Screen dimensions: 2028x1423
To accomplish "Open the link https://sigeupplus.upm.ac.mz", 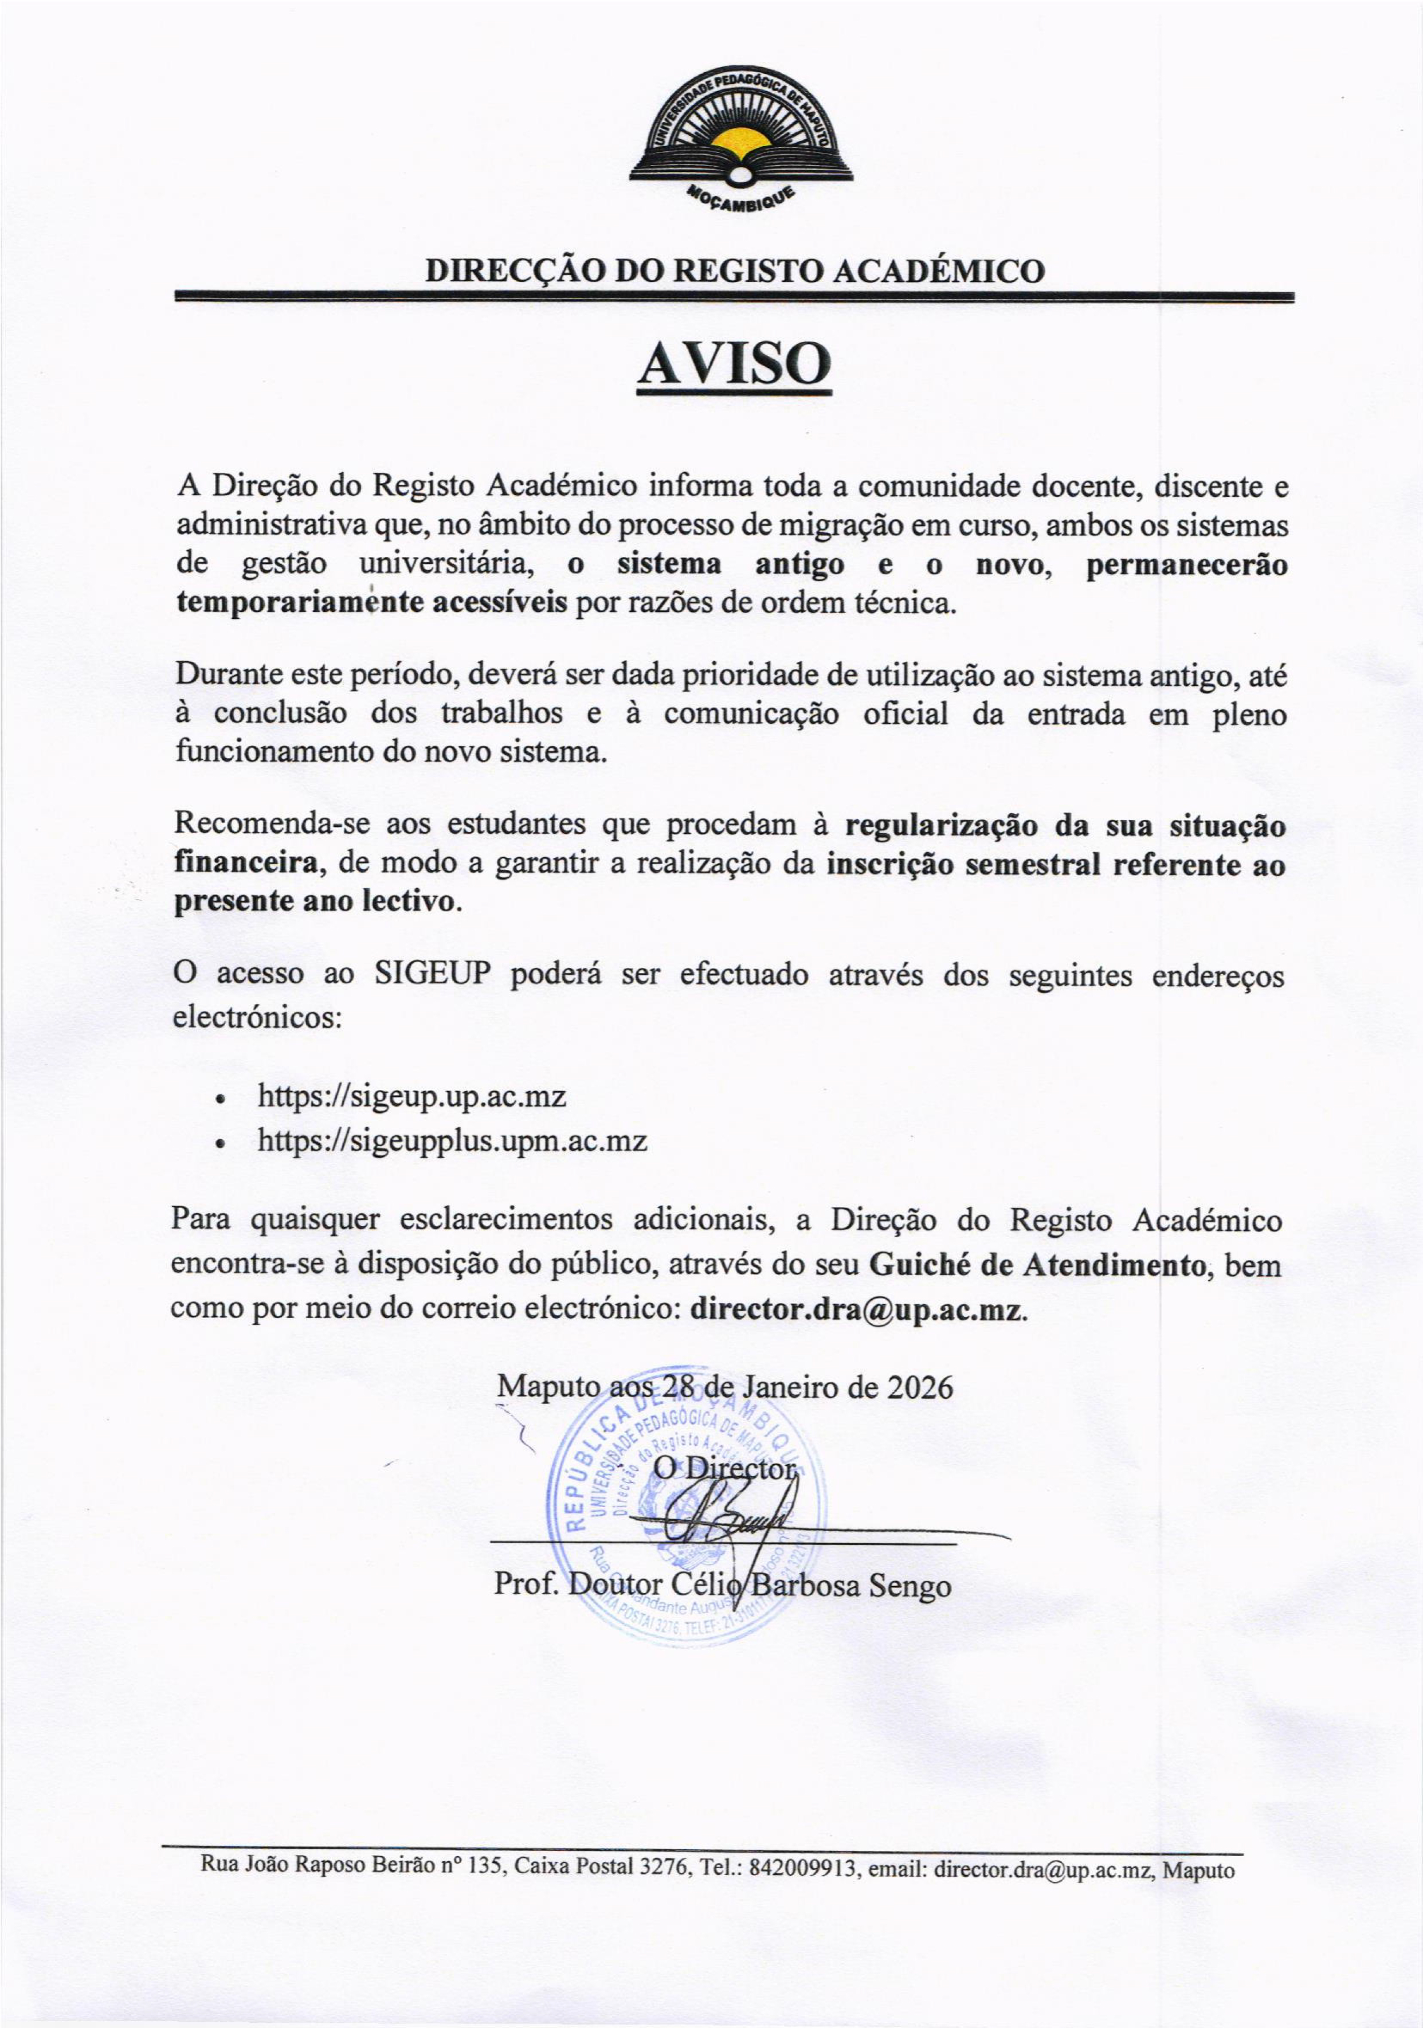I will [452, 1140].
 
